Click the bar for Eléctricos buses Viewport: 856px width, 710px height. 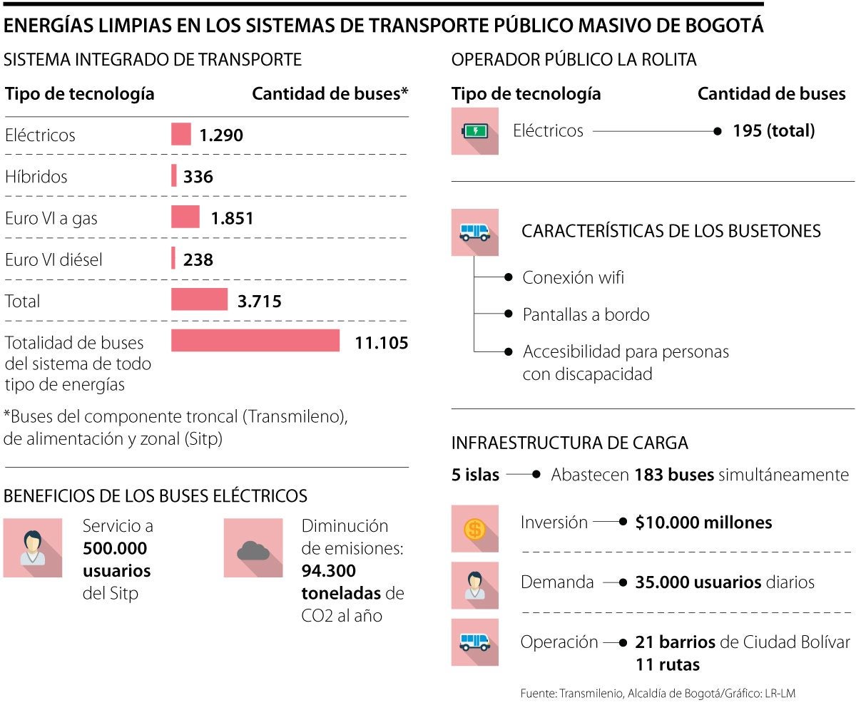[x=181, y=134]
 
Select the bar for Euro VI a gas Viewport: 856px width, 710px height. [x=185, y=217]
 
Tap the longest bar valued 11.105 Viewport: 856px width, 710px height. [x=255, y=341]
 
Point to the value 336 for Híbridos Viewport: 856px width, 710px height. [x=198, y=176]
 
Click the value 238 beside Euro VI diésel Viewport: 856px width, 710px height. [x=198, y=259]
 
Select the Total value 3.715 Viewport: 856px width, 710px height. [x=260, y=301]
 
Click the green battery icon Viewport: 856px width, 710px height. [x=474, y=131]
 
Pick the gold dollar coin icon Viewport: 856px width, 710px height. [x=474, y=529]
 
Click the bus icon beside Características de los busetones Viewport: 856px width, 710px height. [x=474, y=232]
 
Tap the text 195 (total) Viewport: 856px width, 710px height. [x=773, y=130]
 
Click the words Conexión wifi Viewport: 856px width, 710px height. [x=573, y=277]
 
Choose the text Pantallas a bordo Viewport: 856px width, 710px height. [x=586, y=314]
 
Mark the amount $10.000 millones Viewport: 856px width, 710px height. [x=703, y=523]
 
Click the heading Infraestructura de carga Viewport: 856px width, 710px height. [x=569, y=443]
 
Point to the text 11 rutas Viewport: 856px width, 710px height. [x=668, y=664]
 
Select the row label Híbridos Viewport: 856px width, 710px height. [x=36, y=176]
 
